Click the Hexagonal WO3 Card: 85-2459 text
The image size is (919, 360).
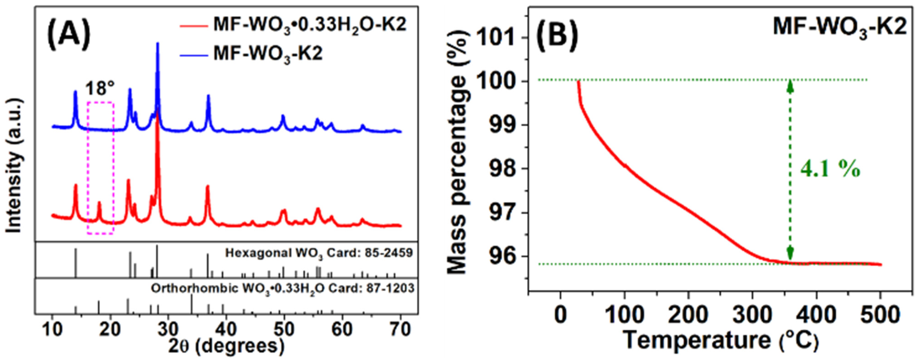tap(319, 253)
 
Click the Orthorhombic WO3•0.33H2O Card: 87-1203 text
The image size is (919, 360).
tap(283, 288)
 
